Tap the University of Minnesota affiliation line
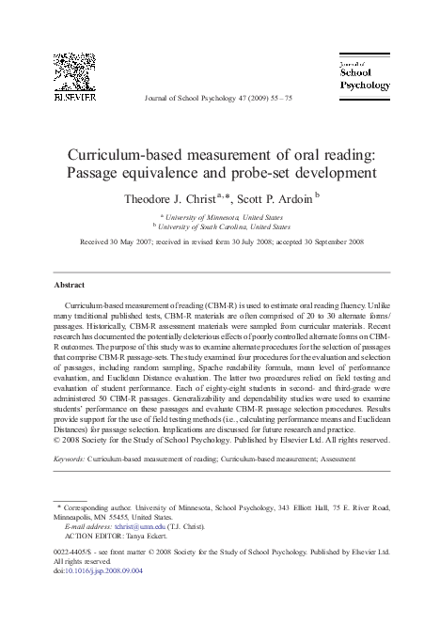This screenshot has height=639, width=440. tap(223, 215)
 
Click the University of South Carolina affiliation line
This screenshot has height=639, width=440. tap(223, 226)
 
